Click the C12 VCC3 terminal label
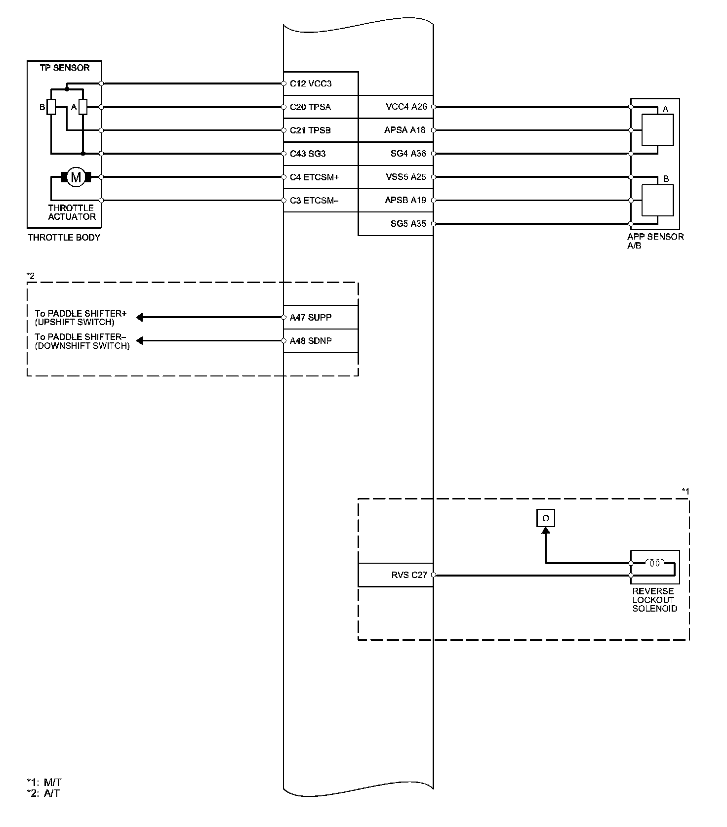(311, 83)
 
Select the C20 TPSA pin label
(310, 107)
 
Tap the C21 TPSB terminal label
(310, 130)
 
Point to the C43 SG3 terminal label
(308, 154)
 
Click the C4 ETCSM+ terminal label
(314, 177)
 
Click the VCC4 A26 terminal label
(405, 107)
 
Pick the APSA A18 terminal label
(405, 130)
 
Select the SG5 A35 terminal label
(408, 224)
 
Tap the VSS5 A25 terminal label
(405, 177)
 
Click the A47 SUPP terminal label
(311, 317)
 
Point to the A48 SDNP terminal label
(311, 341)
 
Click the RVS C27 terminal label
(409, 575)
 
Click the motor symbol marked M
(76, 177)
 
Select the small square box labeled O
(546, 518)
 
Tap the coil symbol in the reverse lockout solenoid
(655, 562)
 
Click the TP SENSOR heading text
(65, 68)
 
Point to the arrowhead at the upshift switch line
(140, 317)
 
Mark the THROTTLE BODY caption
(64, 238)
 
